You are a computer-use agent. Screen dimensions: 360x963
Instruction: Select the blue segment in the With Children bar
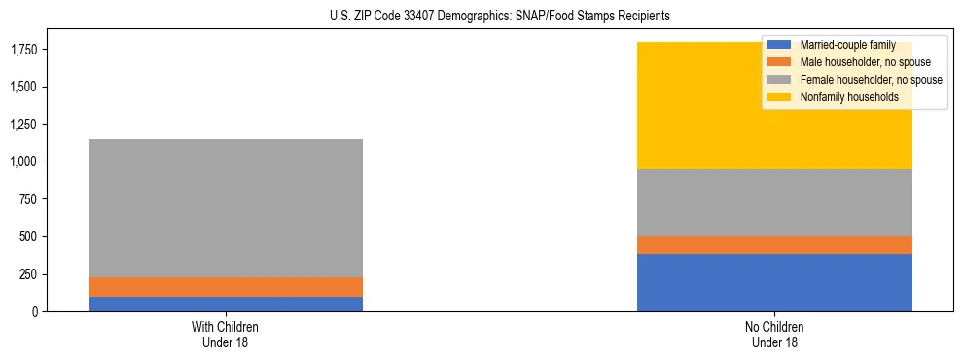point(226,304)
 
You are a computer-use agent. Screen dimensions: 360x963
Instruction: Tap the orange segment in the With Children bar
point(226,287)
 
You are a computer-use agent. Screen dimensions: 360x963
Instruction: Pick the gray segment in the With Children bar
point(226,208)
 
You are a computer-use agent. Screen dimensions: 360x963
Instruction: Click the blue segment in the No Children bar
point(774,282)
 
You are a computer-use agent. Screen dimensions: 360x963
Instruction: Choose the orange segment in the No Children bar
point(774,245)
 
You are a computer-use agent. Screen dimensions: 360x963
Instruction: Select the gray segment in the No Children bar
point(774,202)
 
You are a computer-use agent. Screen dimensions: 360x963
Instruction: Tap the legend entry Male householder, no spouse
point(857,62)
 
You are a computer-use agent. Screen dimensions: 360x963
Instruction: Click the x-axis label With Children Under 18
point(226,334)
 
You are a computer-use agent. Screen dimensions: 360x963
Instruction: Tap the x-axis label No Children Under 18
point(774,334)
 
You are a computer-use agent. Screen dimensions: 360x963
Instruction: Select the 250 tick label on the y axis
point(29,274)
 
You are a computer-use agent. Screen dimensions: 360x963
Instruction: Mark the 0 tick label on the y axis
point(37,312)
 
